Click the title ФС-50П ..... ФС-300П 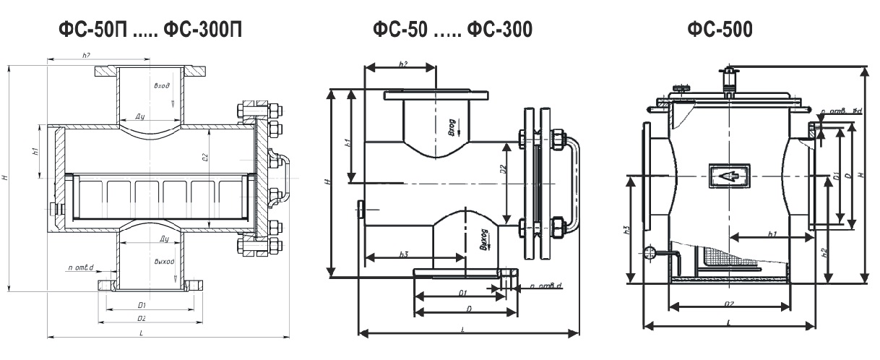point(151,29)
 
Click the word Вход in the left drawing point(162,85)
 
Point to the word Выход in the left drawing point(163,262)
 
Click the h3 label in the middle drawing point(403,253)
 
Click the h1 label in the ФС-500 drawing point(772,233)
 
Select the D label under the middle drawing point(469,309)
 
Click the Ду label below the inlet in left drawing point(143,116)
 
